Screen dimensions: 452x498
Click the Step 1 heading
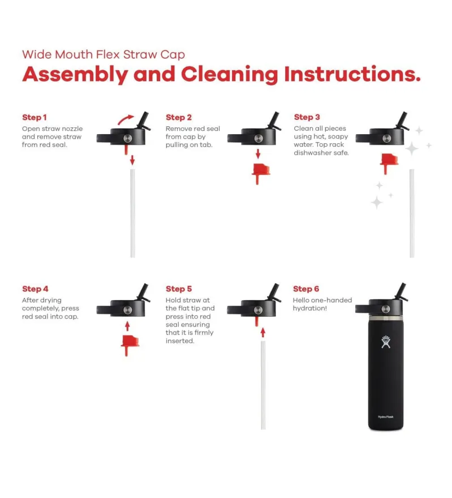point(35,117)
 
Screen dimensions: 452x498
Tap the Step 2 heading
point(179,117)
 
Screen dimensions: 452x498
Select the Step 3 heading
point(307,117)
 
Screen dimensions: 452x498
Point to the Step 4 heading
point(35,289)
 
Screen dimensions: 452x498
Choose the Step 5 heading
point(179,289)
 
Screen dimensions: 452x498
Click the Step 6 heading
point(306,289)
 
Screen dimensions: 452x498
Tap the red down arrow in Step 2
point(258,154)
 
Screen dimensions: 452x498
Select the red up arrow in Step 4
point(127,326)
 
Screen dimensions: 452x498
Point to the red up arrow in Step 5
point(263,333)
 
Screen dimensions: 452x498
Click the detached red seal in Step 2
point(261,173)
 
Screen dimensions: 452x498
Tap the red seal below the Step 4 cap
point(130,345)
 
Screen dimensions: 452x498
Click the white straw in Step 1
point(133,213)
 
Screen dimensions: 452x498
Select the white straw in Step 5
point(263,385)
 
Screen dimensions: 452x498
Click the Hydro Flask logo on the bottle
point(386,342)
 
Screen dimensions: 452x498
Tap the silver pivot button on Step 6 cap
point(386,309)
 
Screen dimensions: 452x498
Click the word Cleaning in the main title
point(230,74)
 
